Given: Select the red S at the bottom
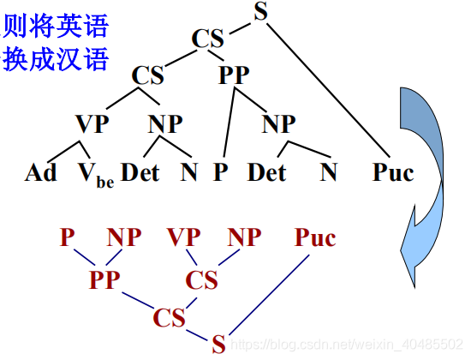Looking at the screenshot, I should click(218, 345).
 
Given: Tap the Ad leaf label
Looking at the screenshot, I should click(40, 173).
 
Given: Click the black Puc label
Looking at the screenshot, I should click(393, 173).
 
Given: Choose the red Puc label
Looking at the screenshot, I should click(315, 238).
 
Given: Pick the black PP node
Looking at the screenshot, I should click(233, 75).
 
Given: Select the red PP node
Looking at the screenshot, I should click(105, 279).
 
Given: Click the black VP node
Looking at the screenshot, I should click(92, 123).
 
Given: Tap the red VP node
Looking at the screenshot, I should click(184, 238).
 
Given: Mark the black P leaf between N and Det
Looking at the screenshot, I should click(221, 173).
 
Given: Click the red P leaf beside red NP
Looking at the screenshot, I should click(68, 238).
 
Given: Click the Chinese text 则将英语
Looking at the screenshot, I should click(57, 27).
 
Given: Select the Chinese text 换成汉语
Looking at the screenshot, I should click(57, 60).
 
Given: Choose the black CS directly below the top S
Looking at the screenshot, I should click(208, 39).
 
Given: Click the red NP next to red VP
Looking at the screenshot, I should click(244, 238).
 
